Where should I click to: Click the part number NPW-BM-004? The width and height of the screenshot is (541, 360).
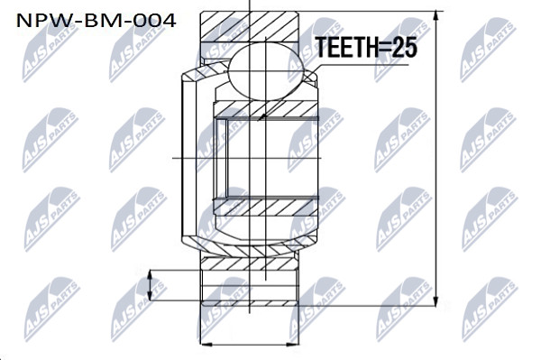click(96, 21)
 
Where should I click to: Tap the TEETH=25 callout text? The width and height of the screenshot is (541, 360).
click(367, 47)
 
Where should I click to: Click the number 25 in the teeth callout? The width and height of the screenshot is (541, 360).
click(404, 47)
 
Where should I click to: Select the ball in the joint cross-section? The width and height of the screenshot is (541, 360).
click(266, 71)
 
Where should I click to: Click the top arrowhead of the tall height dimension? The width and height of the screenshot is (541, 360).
click(436, 16)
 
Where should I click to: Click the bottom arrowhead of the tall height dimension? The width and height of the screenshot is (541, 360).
click(436, 301)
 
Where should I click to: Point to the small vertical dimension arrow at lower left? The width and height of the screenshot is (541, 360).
click(150, 285)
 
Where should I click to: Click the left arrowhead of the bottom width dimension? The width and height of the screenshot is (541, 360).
click(206, 344)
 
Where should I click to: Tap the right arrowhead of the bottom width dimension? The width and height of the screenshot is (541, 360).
click(293, 344)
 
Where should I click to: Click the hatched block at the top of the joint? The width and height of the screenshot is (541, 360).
click(250, 27)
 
